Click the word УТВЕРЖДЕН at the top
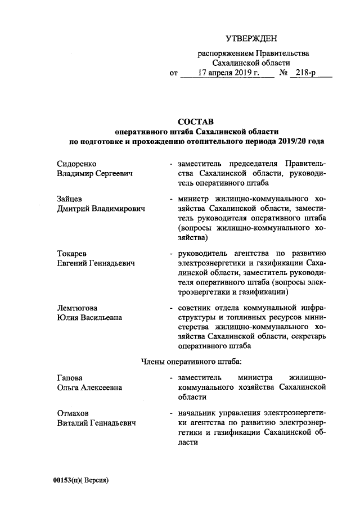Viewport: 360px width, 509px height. [251, 39]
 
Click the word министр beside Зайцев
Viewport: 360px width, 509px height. [196, 199]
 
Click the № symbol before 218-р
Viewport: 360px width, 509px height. [284, 74]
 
